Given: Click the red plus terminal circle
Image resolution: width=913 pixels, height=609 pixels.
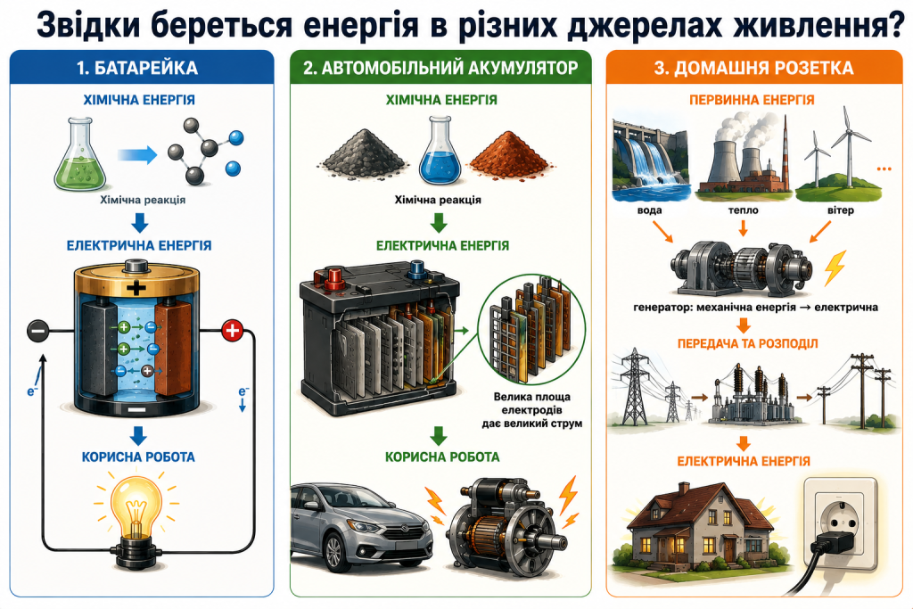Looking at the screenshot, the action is pos(233,331).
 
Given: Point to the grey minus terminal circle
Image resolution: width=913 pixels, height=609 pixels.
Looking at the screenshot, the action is pos(37,331).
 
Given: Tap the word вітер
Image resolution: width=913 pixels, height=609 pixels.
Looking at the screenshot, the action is pos(840,210).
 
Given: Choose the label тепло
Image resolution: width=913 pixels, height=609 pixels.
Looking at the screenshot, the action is pos(743,210).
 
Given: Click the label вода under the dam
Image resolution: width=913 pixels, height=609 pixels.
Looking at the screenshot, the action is pos(649,210).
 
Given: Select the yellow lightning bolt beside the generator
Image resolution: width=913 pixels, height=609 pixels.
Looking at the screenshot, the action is pos(835,267).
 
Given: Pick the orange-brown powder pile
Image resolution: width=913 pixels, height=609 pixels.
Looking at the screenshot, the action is pos(509,152).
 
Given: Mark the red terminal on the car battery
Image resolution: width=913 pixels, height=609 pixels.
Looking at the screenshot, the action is pos(335,277).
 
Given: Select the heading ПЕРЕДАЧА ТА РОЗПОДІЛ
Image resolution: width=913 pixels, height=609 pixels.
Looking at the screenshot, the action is pos(748,343).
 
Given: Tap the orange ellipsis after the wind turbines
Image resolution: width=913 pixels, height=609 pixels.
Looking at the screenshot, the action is pos(884,169).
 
